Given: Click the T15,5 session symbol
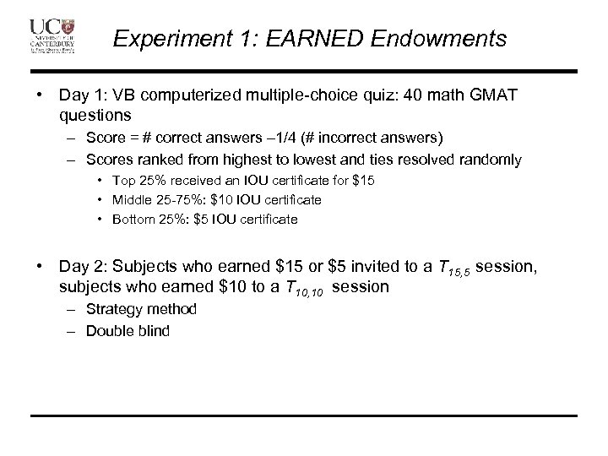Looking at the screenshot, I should click(x=454, y=269).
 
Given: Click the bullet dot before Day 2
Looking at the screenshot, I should click(x=40, y=267).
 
